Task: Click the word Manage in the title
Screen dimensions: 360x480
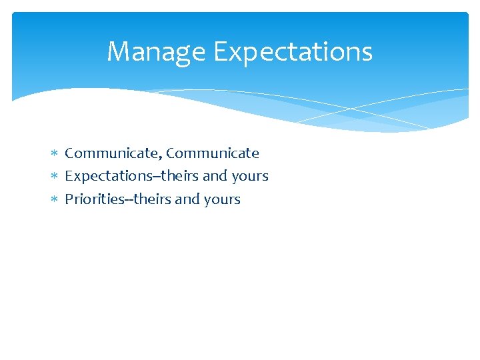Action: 156,52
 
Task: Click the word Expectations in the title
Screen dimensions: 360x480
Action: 293,52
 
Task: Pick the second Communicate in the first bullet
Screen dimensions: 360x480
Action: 213,153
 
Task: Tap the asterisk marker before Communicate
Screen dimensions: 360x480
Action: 55,154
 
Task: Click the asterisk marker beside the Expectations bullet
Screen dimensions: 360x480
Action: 55,177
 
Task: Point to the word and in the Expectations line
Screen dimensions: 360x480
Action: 215,177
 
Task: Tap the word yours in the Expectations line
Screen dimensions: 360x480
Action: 249,177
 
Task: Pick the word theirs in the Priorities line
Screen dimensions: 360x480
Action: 151,199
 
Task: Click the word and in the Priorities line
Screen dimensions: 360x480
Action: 187,199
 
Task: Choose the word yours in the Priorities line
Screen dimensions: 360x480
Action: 221,199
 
